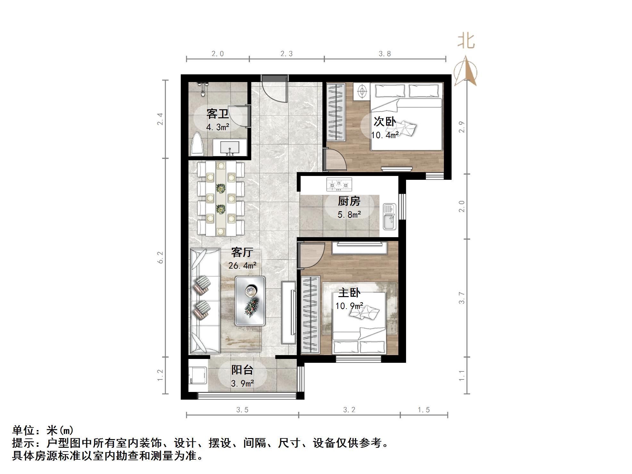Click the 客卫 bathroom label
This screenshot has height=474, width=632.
click(x=217, y=114)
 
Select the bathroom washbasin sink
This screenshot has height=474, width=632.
click(x=230, y=148)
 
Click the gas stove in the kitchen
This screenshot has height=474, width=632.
click(x=339, y=184)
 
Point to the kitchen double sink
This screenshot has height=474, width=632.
click(x=389, y=217)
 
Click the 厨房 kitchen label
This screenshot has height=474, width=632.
click(x=349, y=201)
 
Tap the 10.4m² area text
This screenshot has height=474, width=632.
click(x=385, y=135)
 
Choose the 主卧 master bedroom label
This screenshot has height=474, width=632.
click(x=349, y=293)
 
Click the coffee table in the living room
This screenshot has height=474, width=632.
click(x=250, y=301)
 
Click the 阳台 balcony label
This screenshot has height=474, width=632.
click(x=242, y=370)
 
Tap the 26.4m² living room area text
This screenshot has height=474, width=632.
click(x=242, y=265)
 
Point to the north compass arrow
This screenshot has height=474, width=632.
click(x=466, y=71)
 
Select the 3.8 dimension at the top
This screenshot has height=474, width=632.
click(x=385, y=54)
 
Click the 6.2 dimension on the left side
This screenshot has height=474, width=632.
click(x=160, y=257)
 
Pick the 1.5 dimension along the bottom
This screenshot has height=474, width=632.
click(x=424, y=410)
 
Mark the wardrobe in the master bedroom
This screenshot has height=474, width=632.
click(x=310, y=314)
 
